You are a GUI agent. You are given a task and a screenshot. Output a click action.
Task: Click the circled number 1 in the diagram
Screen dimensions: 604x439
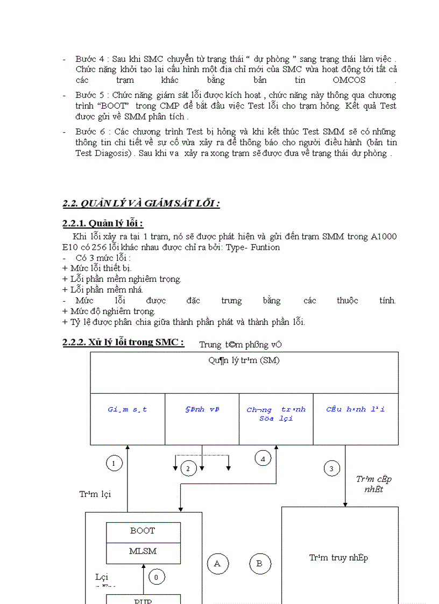pos(114,463)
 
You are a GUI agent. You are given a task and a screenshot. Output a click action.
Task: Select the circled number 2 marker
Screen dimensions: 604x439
pos(188,469)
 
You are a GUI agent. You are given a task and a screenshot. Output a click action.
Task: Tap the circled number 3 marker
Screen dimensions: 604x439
pos(331,468)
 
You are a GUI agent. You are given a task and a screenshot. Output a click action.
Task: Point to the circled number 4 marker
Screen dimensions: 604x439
pos(263,459)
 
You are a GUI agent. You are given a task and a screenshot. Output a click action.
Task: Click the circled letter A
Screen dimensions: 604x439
pos(217,564)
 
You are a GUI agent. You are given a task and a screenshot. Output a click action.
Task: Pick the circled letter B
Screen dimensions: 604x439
pos(259,564)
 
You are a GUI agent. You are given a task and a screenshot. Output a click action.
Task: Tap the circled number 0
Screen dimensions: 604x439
pos(156,577)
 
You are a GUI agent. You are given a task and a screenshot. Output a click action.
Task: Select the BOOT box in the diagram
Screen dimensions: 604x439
pos(143,531)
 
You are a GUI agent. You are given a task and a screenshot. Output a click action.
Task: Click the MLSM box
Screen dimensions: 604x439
pos(143,551)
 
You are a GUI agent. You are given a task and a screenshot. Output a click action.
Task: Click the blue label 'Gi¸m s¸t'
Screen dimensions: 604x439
pos(128,409)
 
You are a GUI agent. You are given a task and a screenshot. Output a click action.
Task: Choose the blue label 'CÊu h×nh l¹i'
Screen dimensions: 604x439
pos(356,409)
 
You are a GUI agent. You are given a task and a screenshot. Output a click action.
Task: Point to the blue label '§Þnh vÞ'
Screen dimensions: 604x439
pos(202,409)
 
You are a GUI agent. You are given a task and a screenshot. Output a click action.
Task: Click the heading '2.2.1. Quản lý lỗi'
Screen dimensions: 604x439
pos(103,224)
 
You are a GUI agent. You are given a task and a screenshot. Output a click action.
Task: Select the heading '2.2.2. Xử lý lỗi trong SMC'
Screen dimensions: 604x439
pos(123,342)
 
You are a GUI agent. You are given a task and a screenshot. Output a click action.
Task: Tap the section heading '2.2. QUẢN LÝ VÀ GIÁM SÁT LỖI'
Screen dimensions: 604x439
pos(141,203)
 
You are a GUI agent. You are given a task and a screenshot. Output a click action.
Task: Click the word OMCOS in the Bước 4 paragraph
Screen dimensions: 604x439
pos(349,80)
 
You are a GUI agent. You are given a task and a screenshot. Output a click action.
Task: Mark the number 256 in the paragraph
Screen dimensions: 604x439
pos(99,247)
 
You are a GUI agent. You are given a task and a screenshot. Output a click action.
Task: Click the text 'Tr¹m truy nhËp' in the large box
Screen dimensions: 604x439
pos(339,558)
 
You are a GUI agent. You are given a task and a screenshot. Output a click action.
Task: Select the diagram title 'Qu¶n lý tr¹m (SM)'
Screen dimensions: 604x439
pos(244,360)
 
